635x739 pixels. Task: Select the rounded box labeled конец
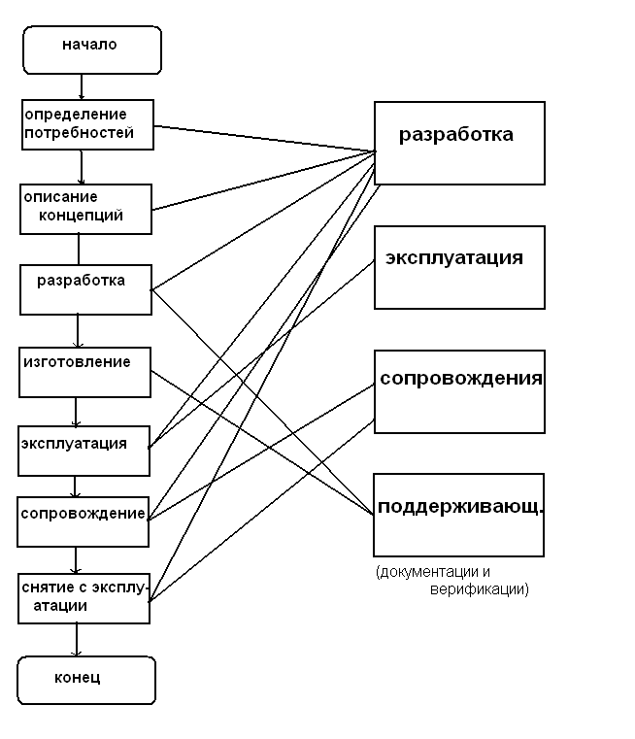(86, 679)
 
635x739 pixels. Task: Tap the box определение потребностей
(87, 124)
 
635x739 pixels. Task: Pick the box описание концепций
(85, 209)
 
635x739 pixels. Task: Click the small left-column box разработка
(85, 288)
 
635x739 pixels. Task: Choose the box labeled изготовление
(85, 370)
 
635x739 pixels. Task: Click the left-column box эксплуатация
(84, 450)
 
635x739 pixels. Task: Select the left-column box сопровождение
(84, 522)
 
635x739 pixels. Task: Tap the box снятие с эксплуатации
(84, 598)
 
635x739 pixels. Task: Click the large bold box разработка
(458, 142)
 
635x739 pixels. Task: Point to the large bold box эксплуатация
(458, 267)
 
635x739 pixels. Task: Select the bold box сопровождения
(458, 390)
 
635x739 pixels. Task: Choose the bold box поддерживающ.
(458, 513)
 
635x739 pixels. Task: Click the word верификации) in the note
(480, 588)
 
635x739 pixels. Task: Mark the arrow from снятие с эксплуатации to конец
(78, 640)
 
